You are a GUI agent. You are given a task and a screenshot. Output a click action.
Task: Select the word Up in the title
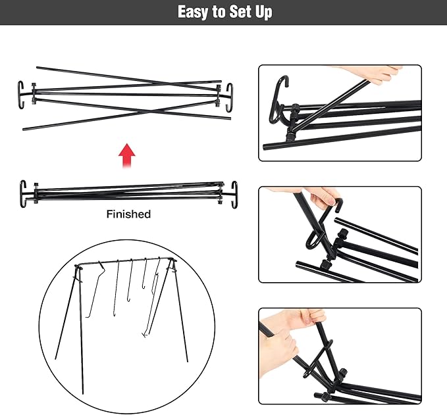click(263, 12)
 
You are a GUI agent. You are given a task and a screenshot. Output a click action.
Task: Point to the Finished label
click(128, 214)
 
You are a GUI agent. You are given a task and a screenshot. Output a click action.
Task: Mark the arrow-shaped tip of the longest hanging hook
click(145, 335)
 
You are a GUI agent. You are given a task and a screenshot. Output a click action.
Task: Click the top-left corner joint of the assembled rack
click(78, 266)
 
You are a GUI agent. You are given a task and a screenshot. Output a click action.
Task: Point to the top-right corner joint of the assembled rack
click(172, 260)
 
